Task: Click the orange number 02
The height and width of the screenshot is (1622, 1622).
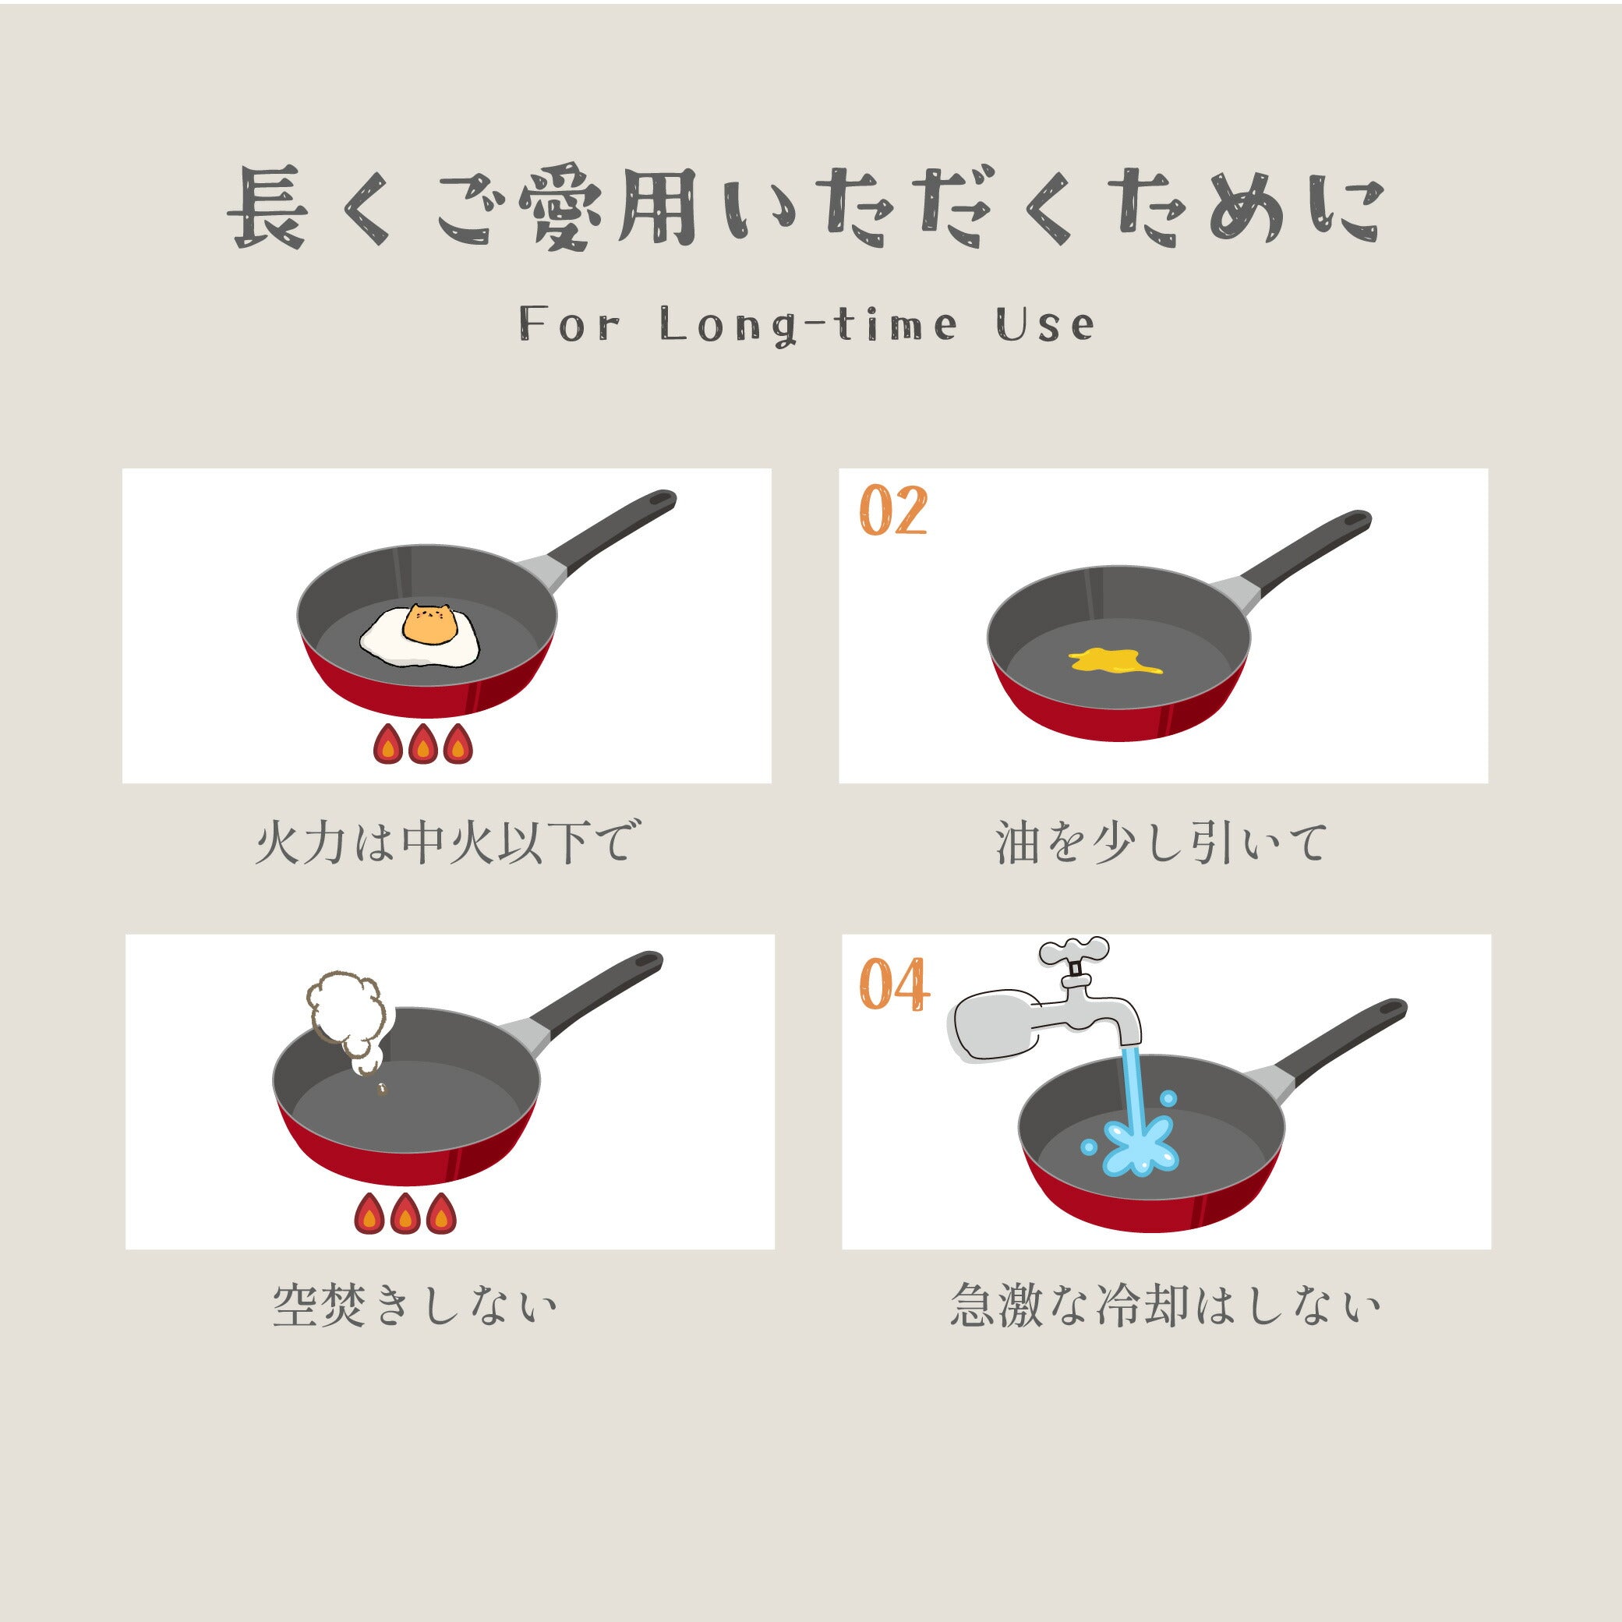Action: point(893,511)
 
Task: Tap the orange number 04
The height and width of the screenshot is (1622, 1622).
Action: point(894,984)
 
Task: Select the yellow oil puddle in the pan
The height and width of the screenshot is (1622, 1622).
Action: point(1115,661)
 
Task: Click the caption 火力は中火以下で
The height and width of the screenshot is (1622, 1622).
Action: point(447,841)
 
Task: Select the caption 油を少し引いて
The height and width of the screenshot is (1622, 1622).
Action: point(1162,842)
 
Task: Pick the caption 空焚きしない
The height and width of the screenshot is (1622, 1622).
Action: point(415,1305)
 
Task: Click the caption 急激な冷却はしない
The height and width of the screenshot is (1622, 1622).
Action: point(1165,1305)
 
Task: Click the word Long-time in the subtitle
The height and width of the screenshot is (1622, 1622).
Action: point(807,325)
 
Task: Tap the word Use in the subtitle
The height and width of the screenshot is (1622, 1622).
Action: point(1045,324)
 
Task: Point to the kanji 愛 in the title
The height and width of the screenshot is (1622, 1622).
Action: point(560,207)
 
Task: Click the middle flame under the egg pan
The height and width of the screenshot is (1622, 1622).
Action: point(422,744)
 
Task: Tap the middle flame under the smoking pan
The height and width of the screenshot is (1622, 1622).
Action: point(405,1213)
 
